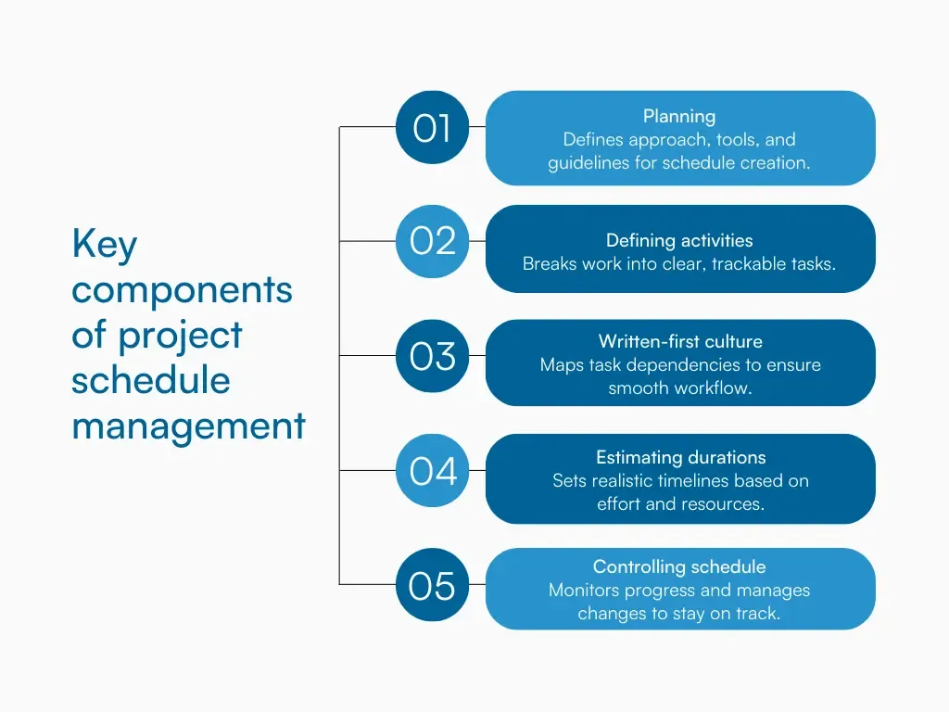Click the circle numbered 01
click(x=432, y=127)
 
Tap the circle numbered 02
click(x=432, y=241)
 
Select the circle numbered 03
click(x=432, y=356)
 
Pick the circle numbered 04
click(x=432, y=471)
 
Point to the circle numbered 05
click(x=432, y=585)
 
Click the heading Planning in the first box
click(x=679, y=116)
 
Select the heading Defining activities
click(x=679, y=240)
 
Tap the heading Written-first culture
click(x=679, y=341)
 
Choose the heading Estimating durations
click(x=680, y=457)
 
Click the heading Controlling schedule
click(x=679, y=566)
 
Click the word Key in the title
click(x=105, y=246)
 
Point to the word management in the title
click(x=188, y=426)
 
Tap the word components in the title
click(x=182, y=290)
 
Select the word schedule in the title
click(x=150, y=381)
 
